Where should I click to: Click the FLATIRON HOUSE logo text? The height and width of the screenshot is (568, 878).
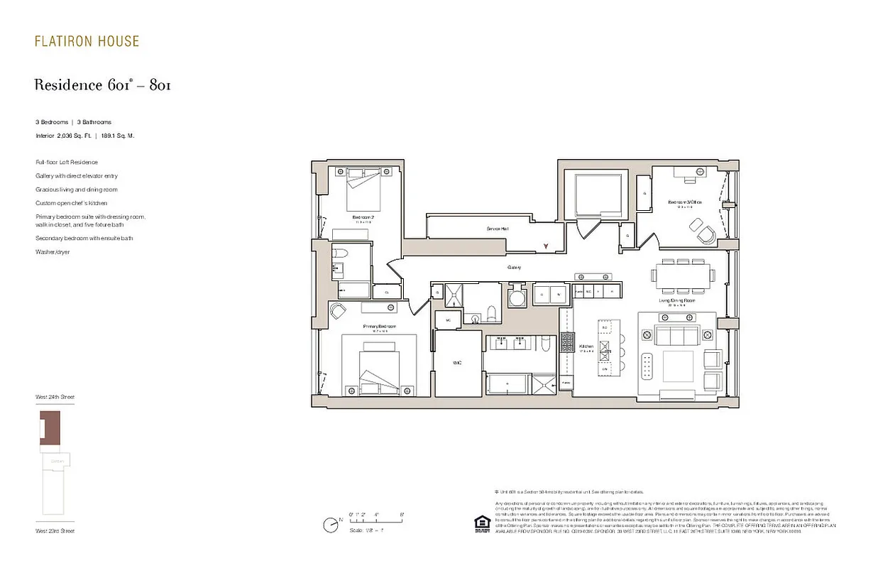click(87, 41)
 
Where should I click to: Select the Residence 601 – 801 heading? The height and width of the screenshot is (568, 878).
click(102, 85)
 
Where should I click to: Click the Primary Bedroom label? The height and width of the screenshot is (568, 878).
click(379, 327)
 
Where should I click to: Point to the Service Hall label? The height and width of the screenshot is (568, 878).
click(497, 229)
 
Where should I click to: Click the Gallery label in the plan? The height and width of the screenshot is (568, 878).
click(514, 268)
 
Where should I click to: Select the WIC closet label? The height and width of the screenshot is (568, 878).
click(457, 363)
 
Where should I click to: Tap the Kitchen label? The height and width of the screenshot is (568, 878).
click(586, 346)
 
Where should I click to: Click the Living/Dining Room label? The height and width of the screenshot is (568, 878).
click(676, 300)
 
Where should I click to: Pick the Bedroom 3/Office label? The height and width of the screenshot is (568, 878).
click(684, 202)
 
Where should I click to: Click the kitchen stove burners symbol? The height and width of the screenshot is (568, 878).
click(567, 343)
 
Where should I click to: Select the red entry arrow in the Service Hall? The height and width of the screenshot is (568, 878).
click(545, 246)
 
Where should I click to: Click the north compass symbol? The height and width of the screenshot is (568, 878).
click(331, 525)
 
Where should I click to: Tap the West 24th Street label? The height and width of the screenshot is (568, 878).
click(55, 397)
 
